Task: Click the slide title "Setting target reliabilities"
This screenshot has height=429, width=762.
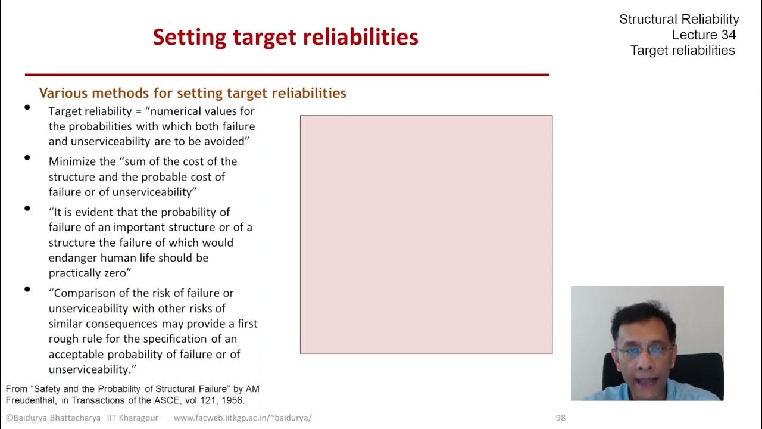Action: (x=285, y=37)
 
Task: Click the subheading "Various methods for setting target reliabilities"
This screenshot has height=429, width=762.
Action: (x=192, y=93)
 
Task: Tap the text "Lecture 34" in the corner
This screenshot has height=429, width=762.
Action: (x=704, y=35)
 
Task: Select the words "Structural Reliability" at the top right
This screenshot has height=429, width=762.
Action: (x=679, y=19)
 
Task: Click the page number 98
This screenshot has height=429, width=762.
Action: (x=560, y=418)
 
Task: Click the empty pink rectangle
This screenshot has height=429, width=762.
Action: (x=426, y=234)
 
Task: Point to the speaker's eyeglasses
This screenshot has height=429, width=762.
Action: (x=644, y=351)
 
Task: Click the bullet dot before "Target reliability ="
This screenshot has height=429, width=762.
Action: (x=27, y=108)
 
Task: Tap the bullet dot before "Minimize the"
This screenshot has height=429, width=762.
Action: (x=27, y=158)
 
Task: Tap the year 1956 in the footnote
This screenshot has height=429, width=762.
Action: (x=232, y=400)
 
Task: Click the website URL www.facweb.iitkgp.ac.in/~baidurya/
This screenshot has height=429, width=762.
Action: (x=242, y=418)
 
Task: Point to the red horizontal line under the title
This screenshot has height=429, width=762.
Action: (x=286, y=74)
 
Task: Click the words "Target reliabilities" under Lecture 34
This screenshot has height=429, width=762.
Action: (x=682, y=50)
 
